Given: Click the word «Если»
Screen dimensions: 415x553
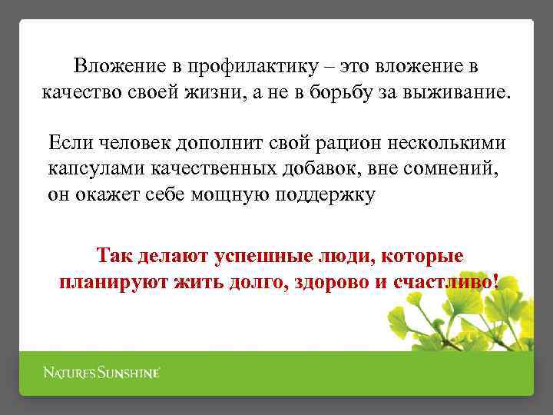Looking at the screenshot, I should tap(69, 143).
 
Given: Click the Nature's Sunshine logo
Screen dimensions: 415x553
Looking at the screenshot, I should tap(101, 373).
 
